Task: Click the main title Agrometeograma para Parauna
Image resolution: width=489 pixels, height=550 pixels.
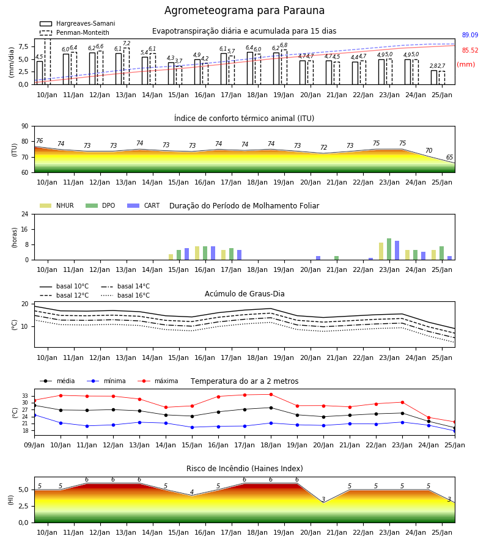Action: (x=244, y=10)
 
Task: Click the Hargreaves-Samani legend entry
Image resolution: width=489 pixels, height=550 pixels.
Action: (x=77, y=23)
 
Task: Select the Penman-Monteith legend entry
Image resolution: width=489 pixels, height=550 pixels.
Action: (x=75, y=32)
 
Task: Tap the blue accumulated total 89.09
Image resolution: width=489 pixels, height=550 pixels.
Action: (x=470, y=35)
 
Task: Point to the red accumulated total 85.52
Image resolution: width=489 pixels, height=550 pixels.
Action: (x=470, y=51)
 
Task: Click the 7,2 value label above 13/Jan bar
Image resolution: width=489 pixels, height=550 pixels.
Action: (x=127, y=43)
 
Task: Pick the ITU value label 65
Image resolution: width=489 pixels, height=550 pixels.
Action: (x=449, y=158)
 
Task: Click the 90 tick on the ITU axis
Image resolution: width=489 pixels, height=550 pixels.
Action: (x=25, y=127)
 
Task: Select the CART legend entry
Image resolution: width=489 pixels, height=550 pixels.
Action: (x=144, y=205)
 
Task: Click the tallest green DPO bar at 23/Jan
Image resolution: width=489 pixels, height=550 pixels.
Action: (x=389, y=249)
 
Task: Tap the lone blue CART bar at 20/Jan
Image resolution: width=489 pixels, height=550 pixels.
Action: (x=318, y=258)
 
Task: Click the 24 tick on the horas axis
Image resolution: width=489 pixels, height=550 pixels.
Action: (x=25, y=214)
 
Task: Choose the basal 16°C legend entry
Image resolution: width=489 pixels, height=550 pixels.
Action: (x=125, y=295)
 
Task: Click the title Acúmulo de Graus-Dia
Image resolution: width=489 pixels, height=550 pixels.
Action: (x=244, y=294)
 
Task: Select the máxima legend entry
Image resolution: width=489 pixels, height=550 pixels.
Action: (x=158, y=381)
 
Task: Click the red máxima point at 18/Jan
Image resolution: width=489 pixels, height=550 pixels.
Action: (x=271, y=395)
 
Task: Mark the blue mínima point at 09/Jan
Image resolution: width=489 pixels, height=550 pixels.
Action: (x=35, y=416)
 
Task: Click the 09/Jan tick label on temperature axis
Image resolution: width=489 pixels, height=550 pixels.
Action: (x=34, y=445)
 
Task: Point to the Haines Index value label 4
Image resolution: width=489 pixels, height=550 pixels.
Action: (x=192, y=492)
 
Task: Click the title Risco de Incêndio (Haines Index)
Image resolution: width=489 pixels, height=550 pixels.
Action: (x=244, y=469)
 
